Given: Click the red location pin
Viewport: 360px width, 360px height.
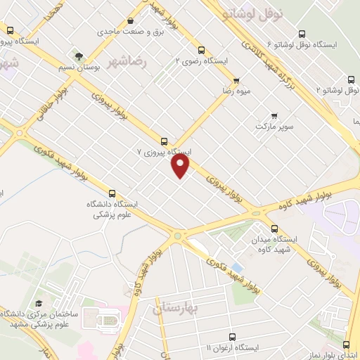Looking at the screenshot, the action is click(x=181, y=165).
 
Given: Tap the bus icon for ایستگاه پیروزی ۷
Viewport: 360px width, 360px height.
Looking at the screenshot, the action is click(x=165, y=141).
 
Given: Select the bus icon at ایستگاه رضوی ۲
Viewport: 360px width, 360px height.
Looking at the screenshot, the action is click(x=202, y=50).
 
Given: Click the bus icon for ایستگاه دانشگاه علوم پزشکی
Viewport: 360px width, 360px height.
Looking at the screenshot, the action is click(x=112, y=193).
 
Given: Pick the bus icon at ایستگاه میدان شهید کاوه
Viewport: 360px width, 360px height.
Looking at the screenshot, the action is click(x=274, y=229).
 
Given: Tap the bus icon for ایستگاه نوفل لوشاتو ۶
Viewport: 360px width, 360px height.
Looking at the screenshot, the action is click(x=302, y=34).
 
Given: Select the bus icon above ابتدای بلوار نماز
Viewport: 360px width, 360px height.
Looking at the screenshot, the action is click(x=345, y=345).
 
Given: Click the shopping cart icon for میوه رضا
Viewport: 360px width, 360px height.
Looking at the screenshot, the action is click(x=236, y=80).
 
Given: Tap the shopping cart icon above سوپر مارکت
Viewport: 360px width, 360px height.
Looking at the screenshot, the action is click(x=274, y=116).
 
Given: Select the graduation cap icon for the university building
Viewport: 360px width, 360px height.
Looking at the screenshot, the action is click(x=39, y=303).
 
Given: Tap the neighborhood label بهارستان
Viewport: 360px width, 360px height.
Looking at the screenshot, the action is click(x=177, y=308).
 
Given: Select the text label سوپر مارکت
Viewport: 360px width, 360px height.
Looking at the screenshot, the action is click(x=274, y=129).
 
